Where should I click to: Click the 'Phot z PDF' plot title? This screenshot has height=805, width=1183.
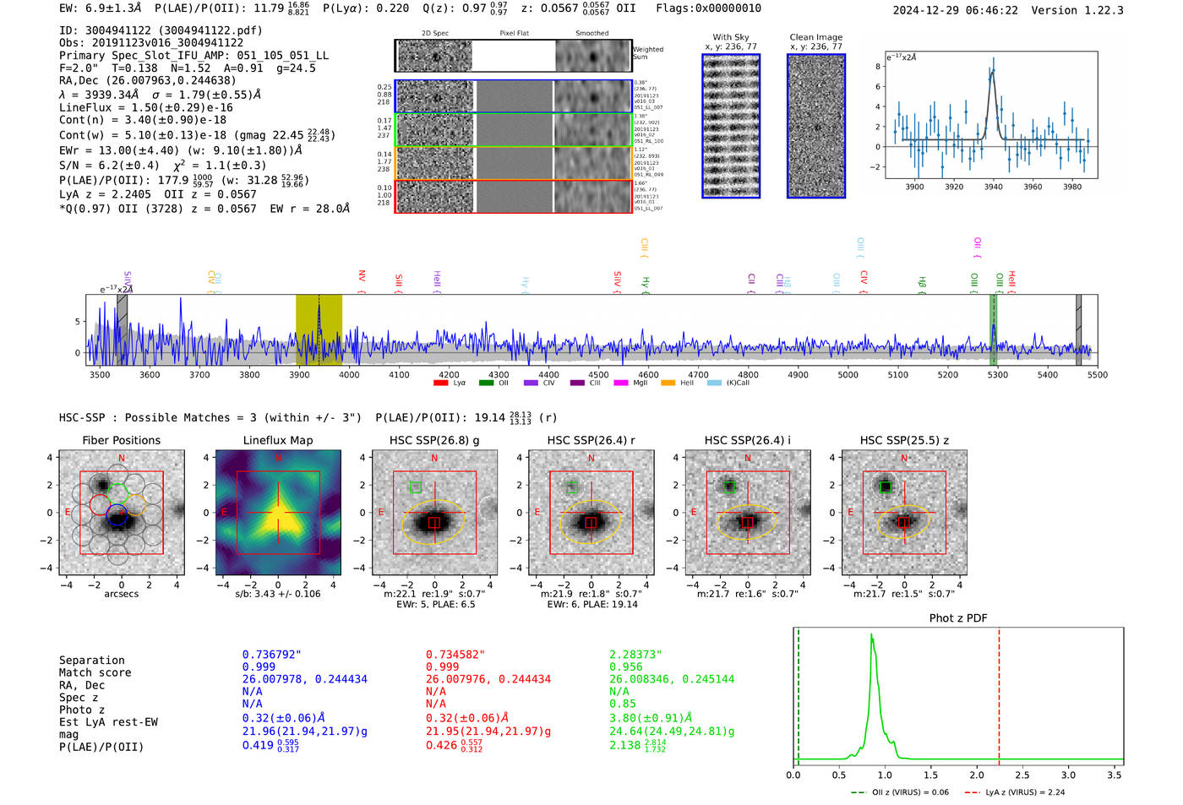958,618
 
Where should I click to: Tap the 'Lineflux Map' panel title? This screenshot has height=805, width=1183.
278,440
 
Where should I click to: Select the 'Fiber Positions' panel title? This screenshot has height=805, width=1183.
121,440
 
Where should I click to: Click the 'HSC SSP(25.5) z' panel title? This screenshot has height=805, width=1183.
904,440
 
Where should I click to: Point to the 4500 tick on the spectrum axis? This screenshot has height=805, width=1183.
598,374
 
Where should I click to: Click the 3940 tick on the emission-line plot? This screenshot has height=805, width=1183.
994,187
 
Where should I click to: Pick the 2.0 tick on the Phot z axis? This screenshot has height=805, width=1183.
977,775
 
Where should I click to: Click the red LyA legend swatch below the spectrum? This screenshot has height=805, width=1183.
440,383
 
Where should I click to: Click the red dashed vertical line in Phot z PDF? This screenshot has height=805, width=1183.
999,693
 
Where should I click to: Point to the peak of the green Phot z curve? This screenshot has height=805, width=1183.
871,635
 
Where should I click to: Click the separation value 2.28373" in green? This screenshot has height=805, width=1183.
635,655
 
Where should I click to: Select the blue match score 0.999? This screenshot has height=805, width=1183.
259,666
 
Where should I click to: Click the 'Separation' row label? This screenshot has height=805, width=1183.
91,661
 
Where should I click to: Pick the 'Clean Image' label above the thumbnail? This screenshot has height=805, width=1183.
815,37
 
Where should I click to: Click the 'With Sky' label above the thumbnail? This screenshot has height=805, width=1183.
731,37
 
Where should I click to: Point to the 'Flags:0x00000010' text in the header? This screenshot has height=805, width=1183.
708,8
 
